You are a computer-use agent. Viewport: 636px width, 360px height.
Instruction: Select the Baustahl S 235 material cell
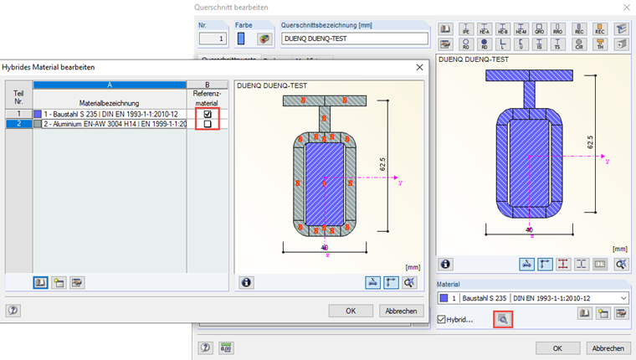pyautogui.click(x=109, y=113)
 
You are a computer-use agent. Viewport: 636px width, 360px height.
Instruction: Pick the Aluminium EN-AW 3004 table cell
pyautogui.click(x=109, y=124)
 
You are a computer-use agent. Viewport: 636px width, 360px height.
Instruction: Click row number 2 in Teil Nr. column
pyautogui.click(x=18, y=124)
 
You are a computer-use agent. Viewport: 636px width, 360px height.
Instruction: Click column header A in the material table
pyautogui.click(x=109, y=85)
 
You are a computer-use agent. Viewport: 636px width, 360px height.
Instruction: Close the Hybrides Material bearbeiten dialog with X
pyautogui.click(x=419, y=67)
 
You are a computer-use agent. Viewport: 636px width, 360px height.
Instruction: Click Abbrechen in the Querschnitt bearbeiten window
pyautogui.click(x=607, y=347)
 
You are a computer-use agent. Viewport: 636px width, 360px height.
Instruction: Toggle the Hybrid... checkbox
pyautogui.click(x=442, y=318)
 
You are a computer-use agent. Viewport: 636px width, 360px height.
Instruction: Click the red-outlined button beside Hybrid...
pyautogui.click(x=502, y=318)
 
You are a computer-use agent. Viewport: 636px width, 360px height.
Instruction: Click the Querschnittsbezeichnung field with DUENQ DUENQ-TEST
pyautogui.click(x=354, y=38)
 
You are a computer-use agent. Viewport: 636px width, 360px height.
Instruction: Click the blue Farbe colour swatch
pyautogui.click(x=243, y=38)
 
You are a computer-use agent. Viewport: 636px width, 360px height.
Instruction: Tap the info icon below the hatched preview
pyautogui.click(x=247, y=282)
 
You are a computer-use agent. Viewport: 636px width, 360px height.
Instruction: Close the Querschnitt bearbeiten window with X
pyautogui.click(x=624, y=7)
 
